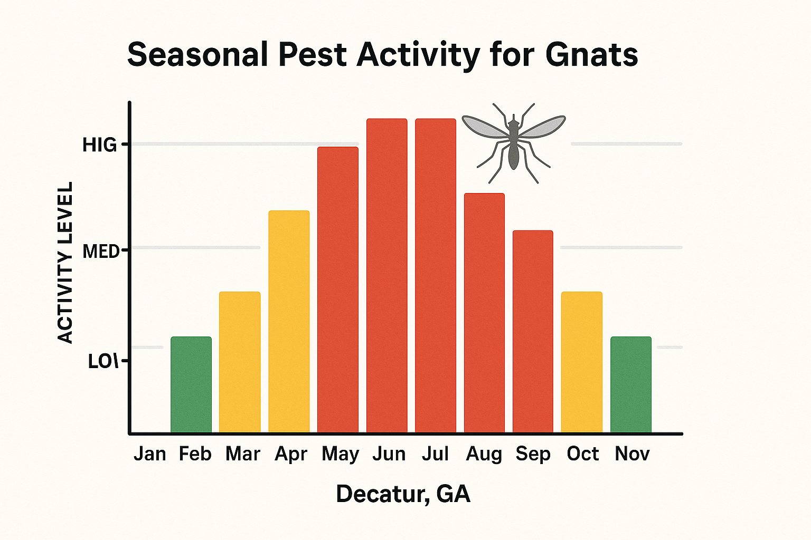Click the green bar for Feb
pyautogui.click(x=191, y=384)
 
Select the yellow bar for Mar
pyautogui.click(x=240, y=362)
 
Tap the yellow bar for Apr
pyautogui.click(x=289, y=322)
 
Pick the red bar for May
pyautogui.click(x=338, y=290)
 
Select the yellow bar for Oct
pyautogui.click(x=582, y=362)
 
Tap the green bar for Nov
pyautogui.click(x=631, y=384)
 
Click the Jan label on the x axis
pyautogui.click(x=149, y=454)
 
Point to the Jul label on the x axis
pyautogui.click(x=435, y=454)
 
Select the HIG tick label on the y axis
pyautogui.click(x=99, y=145)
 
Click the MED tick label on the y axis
pyautogui.click(x=101, y=252)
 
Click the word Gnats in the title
pyautogui.click(x=591, y=55)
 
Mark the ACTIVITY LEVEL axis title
pyautogui.click(x=65, y=263)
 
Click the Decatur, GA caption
pyautogui.click(x=403, y=494)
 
